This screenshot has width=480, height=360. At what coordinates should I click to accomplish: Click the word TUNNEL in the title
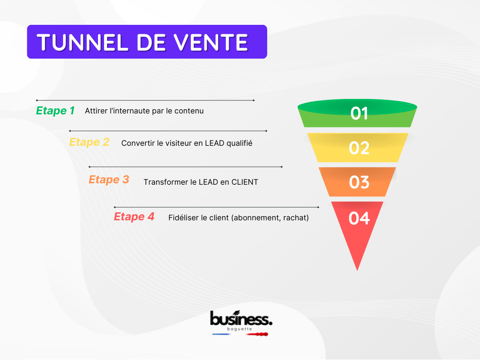pyautogui.click(x=82, y=42)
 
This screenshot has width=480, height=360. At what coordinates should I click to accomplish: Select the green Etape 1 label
pyautogui.click(x=55, y=111)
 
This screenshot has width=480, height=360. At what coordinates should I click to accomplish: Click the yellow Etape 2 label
pyautogui.click(x=89, y=142)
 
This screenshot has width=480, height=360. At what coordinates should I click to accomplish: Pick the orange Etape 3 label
pyautogui.click(x=109, y=180)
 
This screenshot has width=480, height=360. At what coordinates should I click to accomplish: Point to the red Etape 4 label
pyautogui.click(x=134, y=217)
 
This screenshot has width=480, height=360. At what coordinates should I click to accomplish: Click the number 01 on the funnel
pyautogui.click(x=359, y=113)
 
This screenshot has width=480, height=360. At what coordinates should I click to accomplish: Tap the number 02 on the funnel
pyautogui.click(x=359, y=148)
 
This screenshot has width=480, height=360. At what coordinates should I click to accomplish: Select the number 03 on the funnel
pyautogui.click(x=359, y=182)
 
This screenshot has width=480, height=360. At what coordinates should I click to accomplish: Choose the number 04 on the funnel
pyautogui.click(x=359, y=218)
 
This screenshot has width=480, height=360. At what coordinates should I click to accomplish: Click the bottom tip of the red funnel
pyautogui.click(x=357, y=270)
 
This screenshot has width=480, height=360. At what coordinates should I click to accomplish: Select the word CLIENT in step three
pyautogui.click(x=245, y=182)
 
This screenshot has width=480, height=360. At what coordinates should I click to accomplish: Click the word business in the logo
pyautogui.click(x=241, y=318)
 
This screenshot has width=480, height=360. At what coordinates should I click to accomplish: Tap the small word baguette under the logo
pyautogui.click(x=240, y=329)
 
